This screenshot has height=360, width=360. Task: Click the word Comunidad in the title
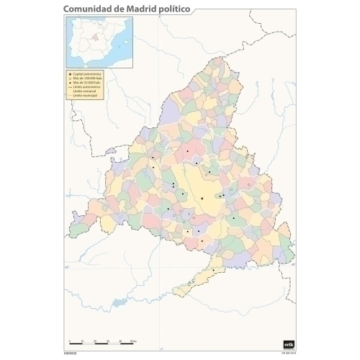coord(86,8)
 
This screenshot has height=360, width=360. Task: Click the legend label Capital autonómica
coord(88,74)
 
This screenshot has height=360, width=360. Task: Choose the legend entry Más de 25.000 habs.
coord(88,83)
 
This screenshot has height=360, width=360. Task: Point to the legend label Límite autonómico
coord(88,87)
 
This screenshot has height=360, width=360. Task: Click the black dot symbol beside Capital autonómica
coord(70,74)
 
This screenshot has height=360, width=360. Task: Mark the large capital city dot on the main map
coord(202,198)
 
